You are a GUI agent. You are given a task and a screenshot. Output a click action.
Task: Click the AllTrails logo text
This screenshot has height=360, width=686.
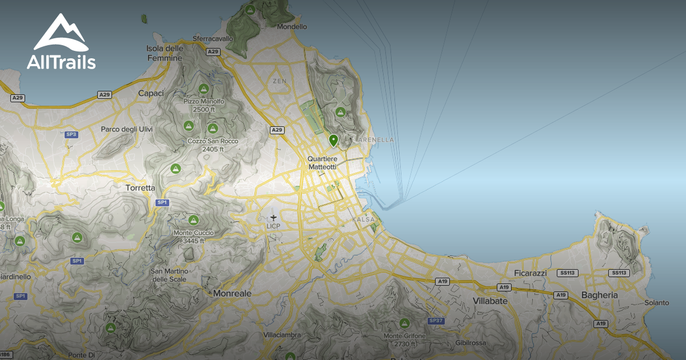[61, 62]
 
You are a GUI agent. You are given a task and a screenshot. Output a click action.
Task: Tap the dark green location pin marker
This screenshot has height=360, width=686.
[333, 140]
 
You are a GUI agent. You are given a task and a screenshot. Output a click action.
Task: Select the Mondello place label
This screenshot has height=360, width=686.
[292, 26]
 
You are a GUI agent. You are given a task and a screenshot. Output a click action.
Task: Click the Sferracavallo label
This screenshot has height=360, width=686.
[213, 39]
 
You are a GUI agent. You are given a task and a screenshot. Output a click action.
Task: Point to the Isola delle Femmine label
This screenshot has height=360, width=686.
[165, 53]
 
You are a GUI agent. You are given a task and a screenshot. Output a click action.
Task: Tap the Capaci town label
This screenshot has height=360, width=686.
[151, 93]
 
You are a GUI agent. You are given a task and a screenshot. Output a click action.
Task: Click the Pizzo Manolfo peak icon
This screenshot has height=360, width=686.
[204, 89]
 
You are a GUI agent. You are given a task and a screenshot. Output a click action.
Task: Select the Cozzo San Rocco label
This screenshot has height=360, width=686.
[213, 145]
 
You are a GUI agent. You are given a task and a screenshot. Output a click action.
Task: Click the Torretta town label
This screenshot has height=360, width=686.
[140, 187]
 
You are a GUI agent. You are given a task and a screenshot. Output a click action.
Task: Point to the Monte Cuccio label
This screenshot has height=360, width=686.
[193, 237]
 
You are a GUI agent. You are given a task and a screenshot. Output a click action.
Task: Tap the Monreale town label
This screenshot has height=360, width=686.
[232, 293]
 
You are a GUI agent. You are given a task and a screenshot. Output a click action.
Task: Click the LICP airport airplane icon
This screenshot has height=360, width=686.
[273, 217]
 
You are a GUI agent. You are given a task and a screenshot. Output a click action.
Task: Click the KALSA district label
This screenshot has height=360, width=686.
[364, 219]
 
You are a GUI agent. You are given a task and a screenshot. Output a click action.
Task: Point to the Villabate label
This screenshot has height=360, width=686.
[490, 301]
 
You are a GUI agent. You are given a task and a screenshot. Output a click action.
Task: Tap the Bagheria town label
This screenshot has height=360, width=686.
[599, 295]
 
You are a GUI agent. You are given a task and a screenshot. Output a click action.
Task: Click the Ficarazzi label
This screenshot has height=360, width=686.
[530, 273]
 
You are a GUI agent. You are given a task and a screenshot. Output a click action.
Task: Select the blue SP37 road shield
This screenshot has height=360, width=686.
[436, 321]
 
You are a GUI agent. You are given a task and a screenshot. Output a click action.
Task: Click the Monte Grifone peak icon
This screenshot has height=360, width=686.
[405, 323]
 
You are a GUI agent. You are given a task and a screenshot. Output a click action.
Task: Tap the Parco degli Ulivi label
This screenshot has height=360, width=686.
[127, 129]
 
